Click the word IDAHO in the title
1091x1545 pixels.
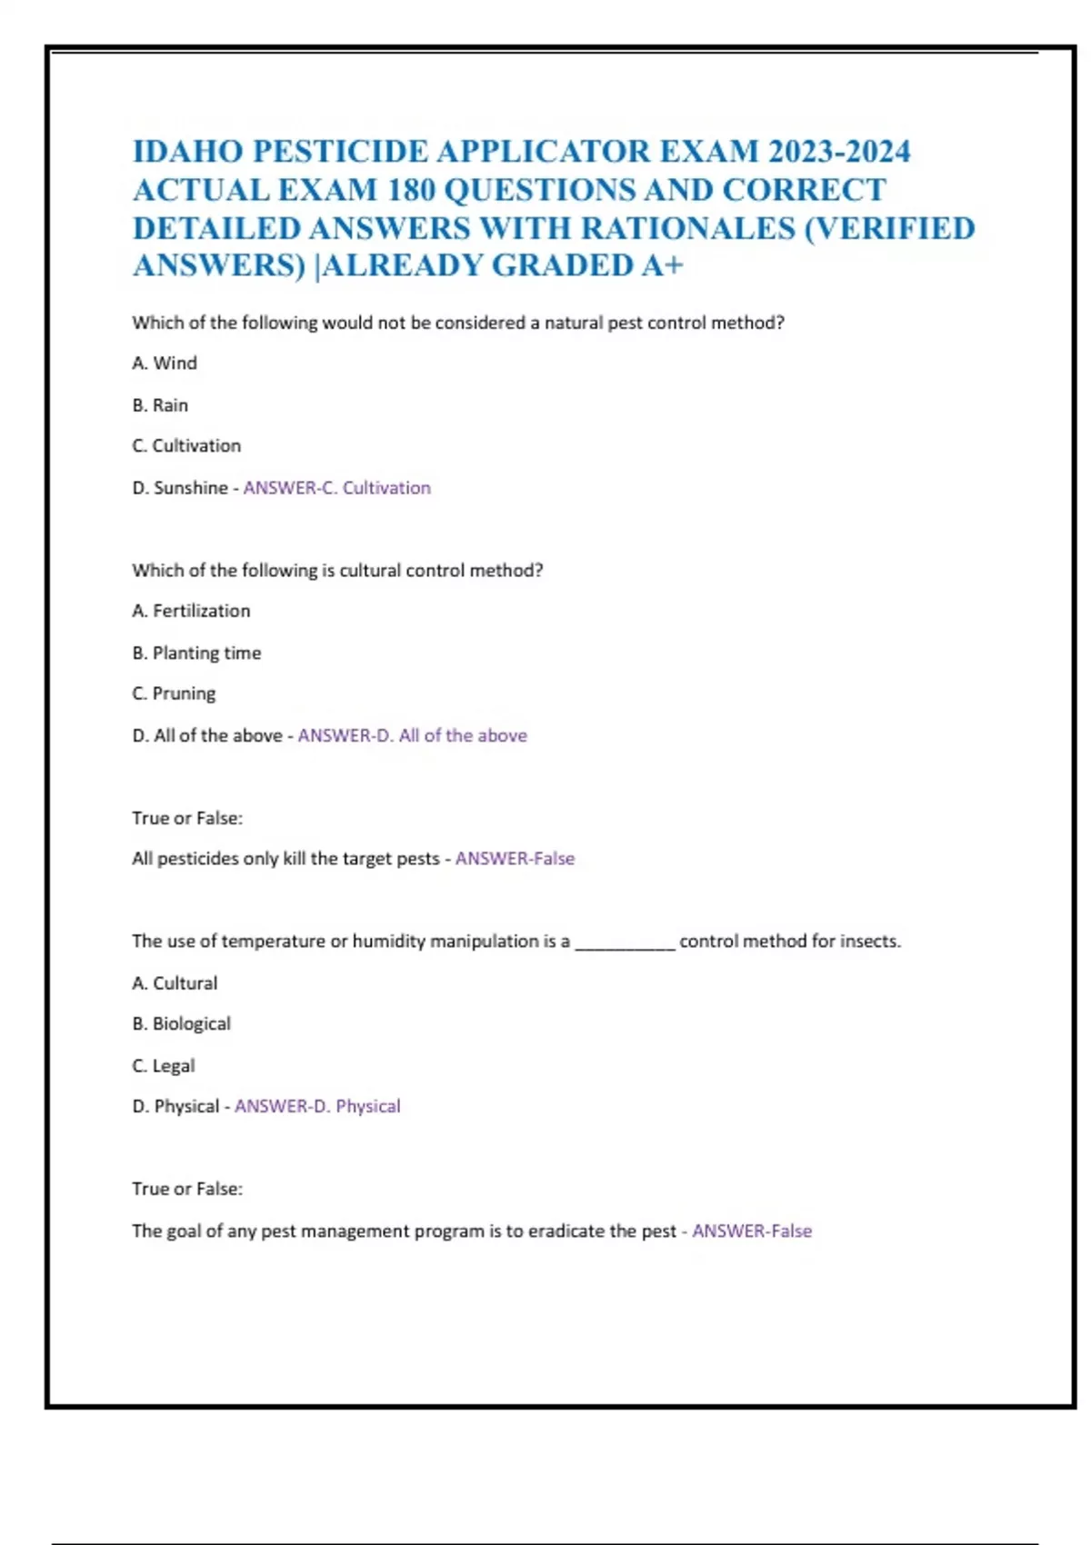[x=188, y=151]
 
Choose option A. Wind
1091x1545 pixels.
[x=165, y=364]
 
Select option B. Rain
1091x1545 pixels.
[x=160, y=405]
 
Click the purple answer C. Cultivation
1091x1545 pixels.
[x=337, y=488]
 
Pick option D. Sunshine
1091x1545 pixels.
[x=180, y=488]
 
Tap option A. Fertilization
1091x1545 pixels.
[x=191, y=611]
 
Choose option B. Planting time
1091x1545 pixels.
[x=196, y=653]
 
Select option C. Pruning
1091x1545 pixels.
[x=174, y=693]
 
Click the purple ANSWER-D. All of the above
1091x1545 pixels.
[x=413, y=735]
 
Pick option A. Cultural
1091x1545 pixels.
[x=175, y=983]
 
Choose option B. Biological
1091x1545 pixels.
[x=181, y=1024]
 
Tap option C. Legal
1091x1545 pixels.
[x=164, y=1066]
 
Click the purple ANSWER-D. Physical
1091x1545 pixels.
[x=317, y=1107]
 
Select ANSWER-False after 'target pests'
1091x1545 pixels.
[x=515, y=859]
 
